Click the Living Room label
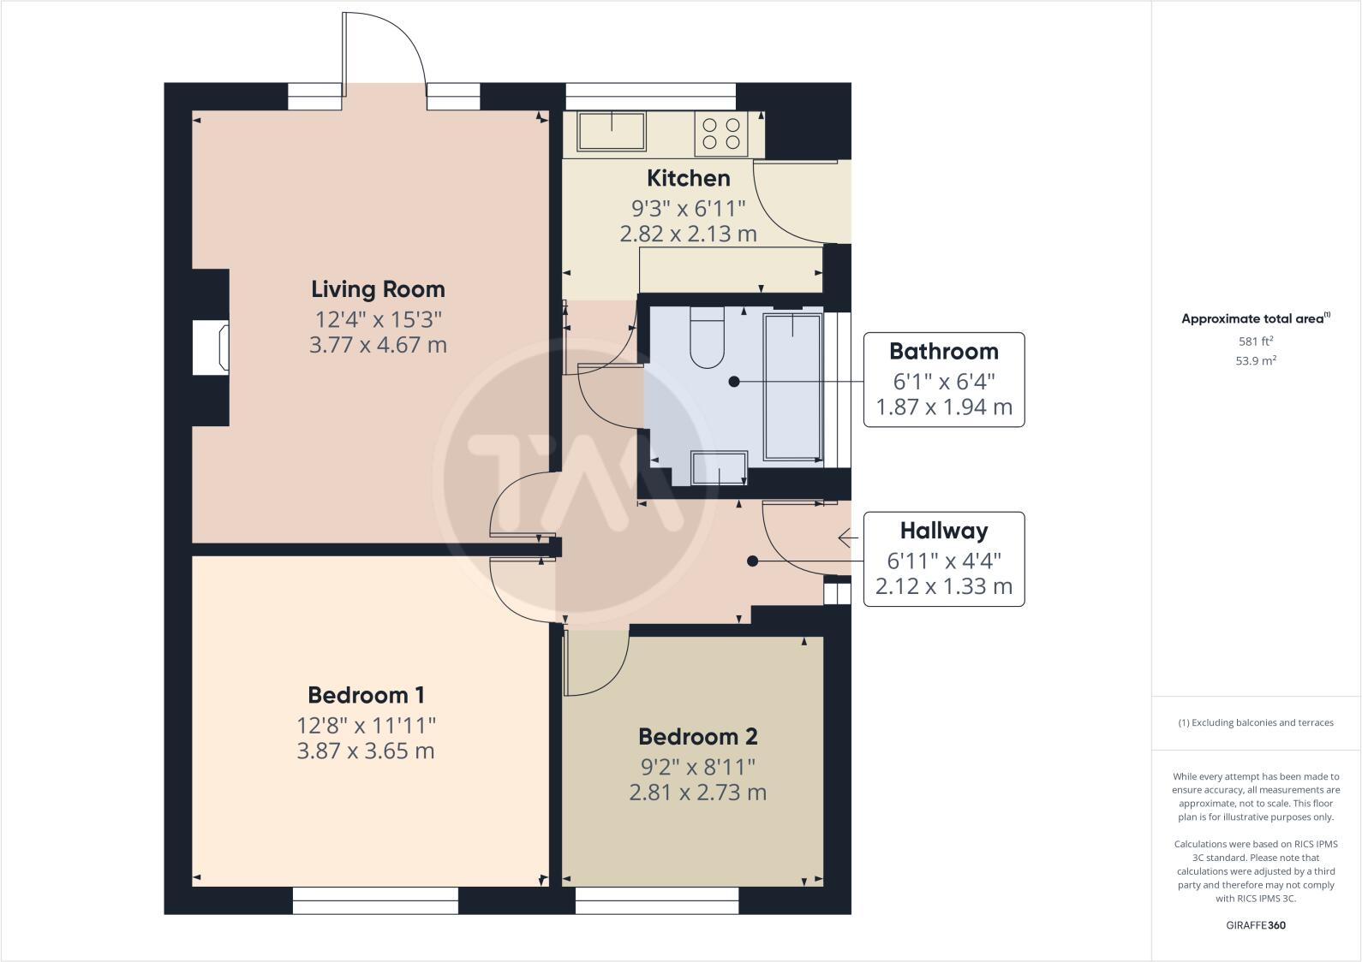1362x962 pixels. pyautogui.click(x=378, y=289)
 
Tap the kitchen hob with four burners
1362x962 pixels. pyautogui.click(x=720, y=134)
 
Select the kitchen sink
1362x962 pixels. pyautogui.click(x=612, y=130)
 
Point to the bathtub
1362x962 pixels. pyautogui.click(x=792, y=387)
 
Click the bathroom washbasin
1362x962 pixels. pyautogui.click(x=718, y=468)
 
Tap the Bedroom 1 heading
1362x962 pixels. pyautogui.click(x=366, y=695)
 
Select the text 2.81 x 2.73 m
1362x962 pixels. pyautogui.click(x=697, y=793)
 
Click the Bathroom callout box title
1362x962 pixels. pyautogui.click(x=943, y=351)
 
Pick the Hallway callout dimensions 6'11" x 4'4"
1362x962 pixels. pyautogui.click(x=943, y=561)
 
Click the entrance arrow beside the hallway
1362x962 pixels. pyautogui.click(x=847, y=537)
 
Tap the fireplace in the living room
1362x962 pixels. pyautogui.click(x=211, y=347)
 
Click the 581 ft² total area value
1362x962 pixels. pyautogui.click(x=1255, y=341)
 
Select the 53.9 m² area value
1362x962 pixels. pyautogui.click(x=1255, y=360)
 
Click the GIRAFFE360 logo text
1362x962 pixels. pyautogui.click(x=1255, y=925)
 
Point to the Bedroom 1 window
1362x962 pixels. pyautogui.click(x=375, y=900)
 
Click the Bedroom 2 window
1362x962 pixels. pyautogui.click(x=656, y=900)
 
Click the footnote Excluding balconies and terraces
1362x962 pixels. pyautogui.click(x=1255, y=722)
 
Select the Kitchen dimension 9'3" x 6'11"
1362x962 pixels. pyautogui.click(x=688, y=208)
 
